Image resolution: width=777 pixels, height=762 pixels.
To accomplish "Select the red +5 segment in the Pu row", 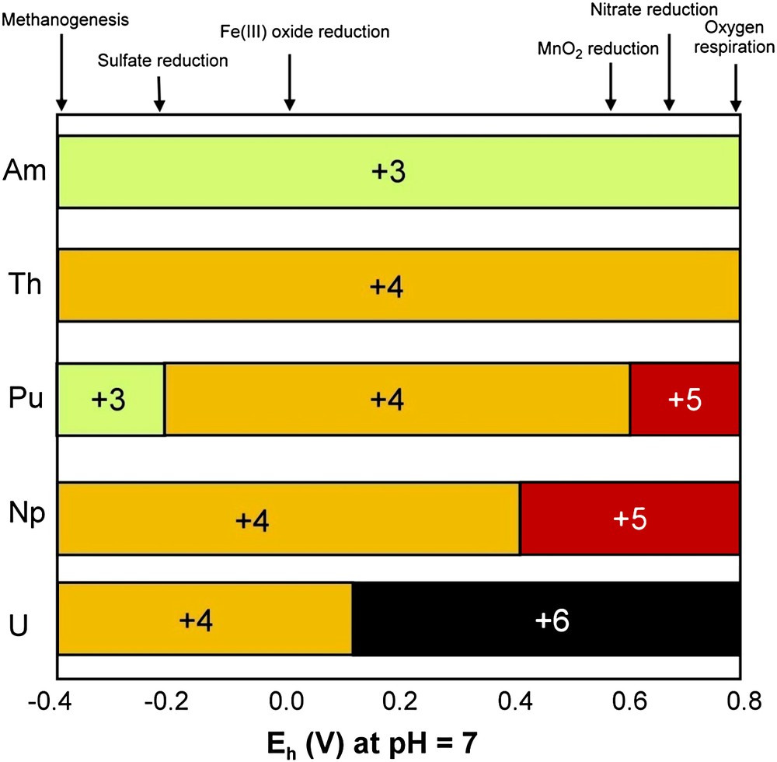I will [x=684, y=400].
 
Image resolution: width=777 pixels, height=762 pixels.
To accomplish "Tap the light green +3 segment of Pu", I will [x=110, y=400].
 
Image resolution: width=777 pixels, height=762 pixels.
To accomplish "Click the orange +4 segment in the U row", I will [x=204, y=619].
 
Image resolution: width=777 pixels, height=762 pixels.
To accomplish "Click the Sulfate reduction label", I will [x=163, y=61].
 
